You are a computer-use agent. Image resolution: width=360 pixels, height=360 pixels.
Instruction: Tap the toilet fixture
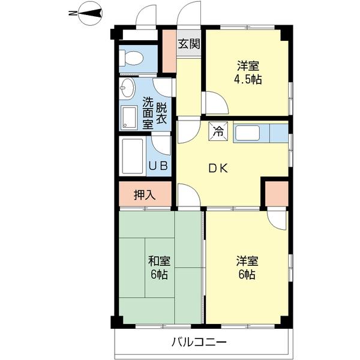point(131,58)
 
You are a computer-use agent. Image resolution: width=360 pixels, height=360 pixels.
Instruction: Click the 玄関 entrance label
point(189,43)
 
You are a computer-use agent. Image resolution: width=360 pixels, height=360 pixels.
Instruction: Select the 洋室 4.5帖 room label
point(248,73)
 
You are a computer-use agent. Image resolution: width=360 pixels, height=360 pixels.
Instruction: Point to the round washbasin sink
point(127,89)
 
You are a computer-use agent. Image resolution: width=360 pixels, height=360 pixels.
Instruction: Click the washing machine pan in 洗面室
point(128,118)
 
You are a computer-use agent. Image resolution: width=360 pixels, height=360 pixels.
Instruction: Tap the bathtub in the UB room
point(133,157)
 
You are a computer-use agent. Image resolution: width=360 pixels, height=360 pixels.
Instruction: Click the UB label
point(158,166)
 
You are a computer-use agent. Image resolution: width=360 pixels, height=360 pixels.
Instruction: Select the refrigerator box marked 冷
point(218,131)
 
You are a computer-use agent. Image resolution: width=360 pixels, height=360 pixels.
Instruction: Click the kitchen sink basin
point(247,133)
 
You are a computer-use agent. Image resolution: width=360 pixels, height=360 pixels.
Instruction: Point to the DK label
point(218,169)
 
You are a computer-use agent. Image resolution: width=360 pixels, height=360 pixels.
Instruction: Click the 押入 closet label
point(145,195)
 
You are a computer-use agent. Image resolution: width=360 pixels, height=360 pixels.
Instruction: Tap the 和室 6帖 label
point(159,268)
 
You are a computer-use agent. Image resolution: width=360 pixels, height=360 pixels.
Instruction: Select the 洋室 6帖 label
point(247,268)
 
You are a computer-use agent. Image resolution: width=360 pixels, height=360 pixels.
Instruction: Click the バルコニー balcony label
point(199,343)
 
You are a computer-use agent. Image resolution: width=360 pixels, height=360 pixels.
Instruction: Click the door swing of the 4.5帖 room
point(216,103)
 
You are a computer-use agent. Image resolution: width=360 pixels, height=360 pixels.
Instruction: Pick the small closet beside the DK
point(277,194)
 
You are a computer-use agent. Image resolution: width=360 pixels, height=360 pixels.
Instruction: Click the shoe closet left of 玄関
point(169,51)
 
